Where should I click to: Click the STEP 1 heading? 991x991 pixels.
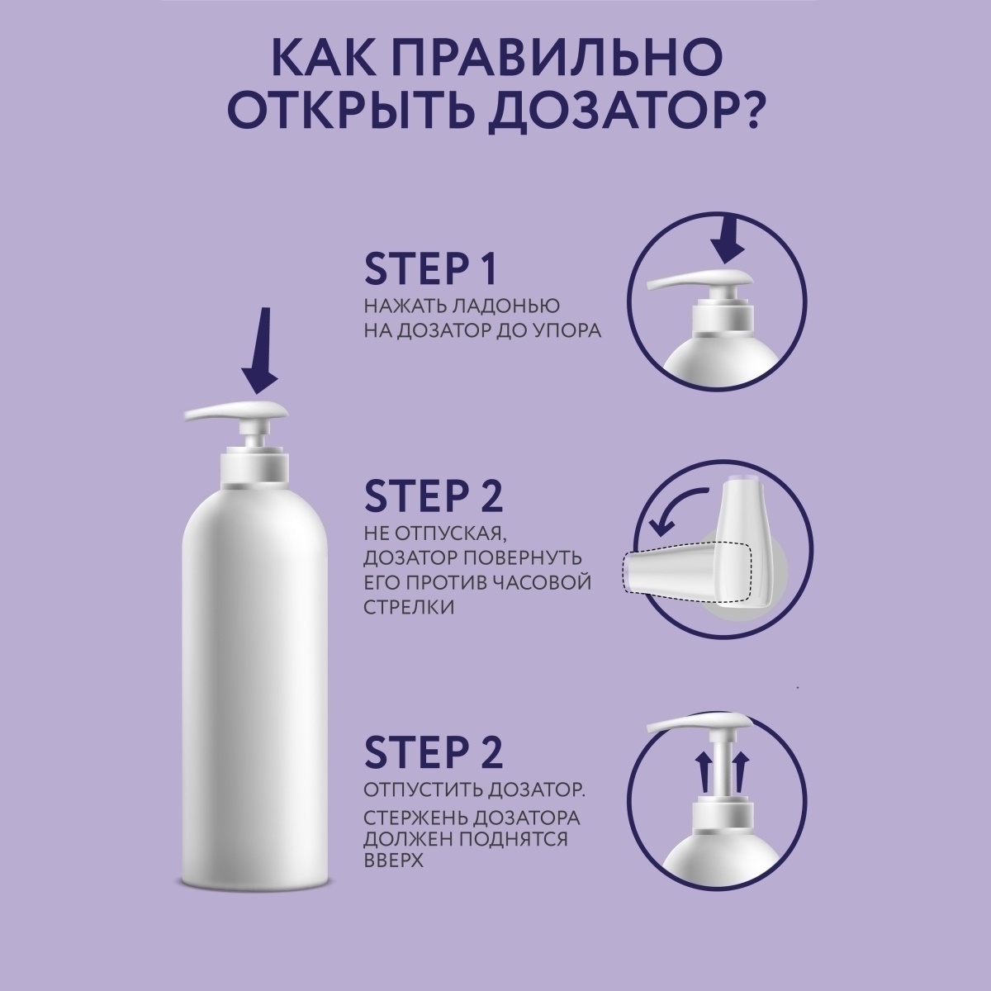pyautogui.click(x=431, y=268)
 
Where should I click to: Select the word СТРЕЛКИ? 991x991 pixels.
pyautogui.click(x=409, y=607)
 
